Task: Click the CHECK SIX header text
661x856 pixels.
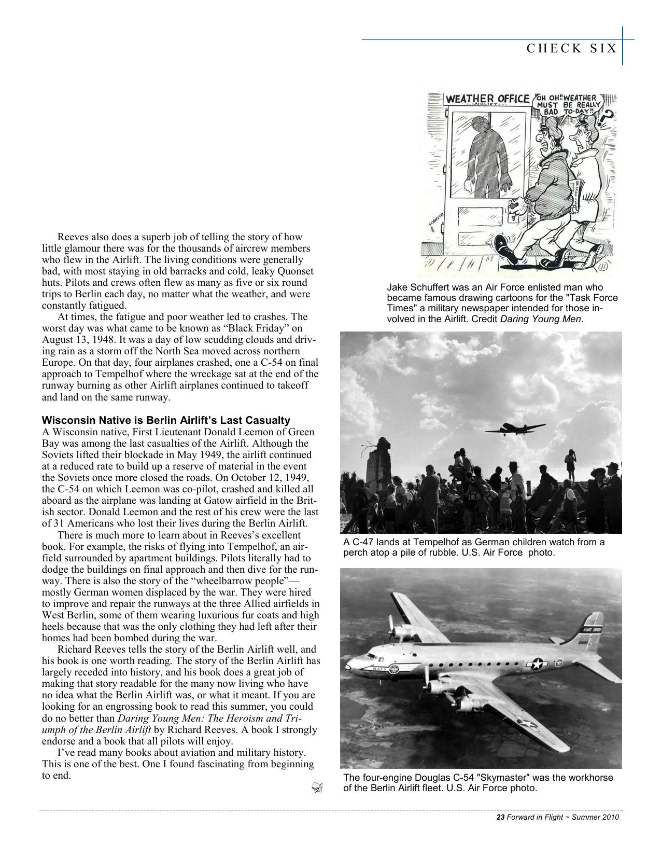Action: (x=571, y=48)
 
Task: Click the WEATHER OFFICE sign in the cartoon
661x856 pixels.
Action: (x=488, y=99)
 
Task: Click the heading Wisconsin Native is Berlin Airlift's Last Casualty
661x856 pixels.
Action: (x=166, y=420)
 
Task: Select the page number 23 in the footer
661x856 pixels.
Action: (x=500, y=818)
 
